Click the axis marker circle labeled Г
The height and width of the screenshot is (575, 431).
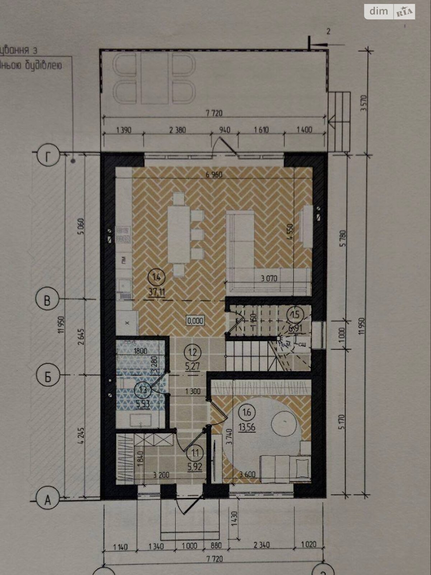click(48, 157)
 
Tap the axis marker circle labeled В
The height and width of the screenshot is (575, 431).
click(47, 300)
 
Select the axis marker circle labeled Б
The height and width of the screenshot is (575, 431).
click(47, 376)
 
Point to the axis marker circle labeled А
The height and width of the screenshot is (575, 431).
click(48, 500)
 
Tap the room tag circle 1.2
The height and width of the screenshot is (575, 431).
click(193, 352)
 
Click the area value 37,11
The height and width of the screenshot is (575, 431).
click(157, 292)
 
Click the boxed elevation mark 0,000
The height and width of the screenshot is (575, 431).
click(195, 321)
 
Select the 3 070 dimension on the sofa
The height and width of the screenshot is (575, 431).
click(269, 278)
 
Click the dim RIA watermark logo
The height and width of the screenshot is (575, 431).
click(390, 12)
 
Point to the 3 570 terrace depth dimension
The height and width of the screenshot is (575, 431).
click(363, 103)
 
